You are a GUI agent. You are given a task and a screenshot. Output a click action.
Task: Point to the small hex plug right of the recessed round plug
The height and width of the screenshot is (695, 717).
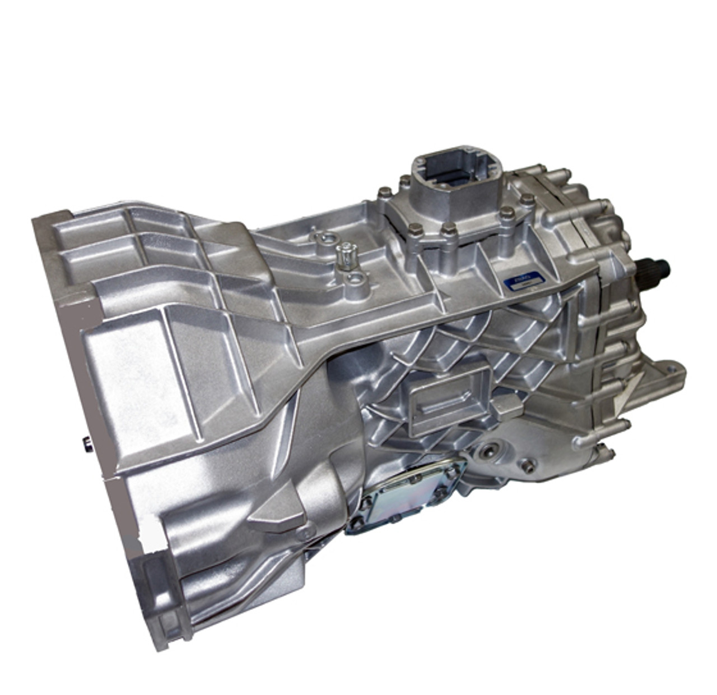click(527, 463)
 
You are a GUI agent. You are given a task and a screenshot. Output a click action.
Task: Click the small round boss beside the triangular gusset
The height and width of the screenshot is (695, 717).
click(302, 533)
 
